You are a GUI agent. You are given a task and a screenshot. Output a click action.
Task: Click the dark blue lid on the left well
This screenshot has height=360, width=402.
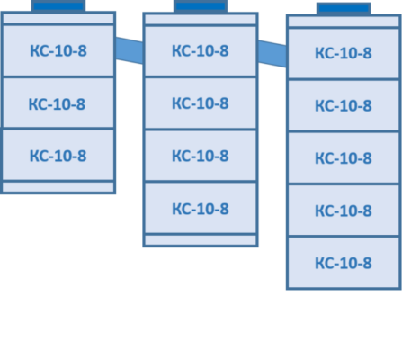[58, 6]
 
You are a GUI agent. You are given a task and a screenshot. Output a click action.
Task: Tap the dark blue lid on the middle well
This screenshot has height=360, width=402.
[201, 6]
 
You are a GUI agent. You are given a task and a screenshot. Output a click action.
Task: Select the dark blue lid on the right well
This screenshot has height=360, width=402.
[344, 8]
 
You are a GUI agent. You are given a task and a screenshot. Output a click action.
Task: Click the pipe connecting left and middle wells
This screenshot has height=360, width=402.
[130, 50]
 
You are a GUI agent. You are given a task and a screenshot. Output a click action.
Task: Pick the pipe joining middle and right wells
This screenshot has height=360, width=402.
[272, 54]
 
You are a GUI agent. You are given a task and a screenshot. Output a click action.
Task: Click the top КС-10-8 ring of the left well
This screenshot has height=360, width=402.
[58, 50]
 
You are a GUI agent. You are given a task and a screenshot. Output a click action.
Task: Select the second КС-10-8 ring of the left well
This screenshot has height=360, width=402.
[58, 103]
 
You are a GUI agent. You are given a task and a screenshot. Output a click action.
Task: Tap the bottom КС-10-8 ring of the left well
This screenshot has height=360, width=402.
[58, 155]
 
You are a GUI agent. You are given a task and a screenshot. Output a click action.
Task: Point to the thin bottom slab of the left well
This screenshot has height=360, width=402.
[58, 187]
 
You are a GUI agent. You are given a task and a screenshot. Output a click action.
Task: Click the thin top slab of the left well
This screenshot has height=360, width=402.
[58, 18]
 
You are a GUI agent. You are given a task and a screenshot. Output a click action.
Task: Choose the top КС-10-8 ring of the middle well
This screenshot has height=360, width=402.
[201, 51]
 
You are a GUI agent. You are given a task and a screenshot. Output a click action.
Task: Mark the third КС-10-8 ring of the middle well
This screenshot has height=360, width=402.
[201, 156]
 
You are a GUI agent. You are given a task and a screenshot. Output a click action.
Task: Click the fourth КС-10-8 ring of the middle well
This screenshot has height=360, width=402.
[201, 208]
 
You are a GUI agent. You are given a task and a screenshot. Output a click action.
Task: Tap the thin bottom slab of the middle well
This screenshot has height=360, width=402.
[201, 240]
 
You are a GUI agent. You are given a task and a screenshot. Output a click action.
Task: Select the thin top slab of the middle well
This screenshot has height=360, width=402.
[201, 19]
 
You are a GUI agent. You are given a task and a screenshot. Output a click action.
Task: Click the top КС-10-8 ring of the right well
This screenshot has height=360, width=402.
[344, 53]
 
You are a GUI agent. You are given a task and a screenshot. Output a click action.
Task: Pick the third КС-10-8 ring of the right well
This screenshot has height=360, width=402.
[344, 157]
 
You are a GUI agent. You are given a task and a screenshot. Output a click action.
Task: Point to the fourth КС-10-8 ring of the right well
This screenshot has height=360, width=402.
[344, 211]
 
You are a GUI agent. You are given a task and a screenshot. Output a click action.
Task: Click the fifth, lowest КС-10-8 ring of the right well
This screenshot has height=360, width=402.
[344, 263]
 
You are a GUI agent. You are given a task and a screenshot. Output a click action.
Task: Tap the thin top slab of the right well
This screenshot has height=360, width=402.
[344, 22]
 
